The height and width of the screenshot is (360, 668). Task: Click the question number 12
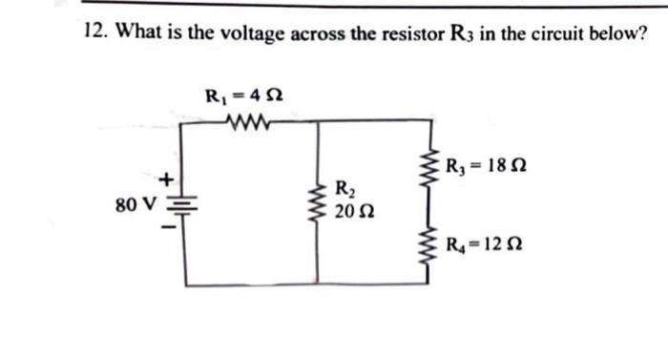(93, 34)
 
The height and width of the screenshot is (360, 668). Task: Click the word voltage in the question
(254, 34)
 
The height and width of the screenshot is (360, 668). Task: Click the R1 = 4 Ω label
(243, 95)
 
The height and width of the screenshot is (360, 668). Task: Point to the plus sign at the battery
(166, 178)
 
